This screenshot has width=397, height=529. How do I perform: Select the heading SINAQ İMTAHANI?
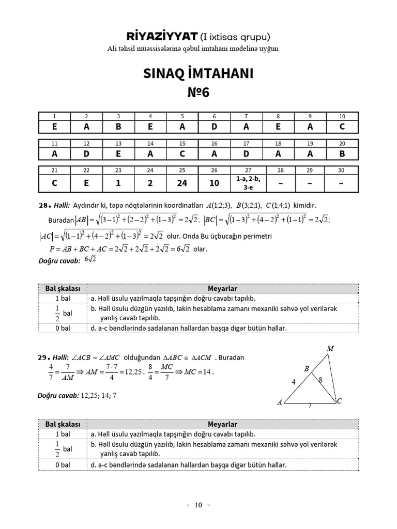pyautogui.click(x=198, y=74)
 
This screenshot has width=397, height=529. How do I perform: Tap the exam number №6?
pyautogui.click(x=198, y=93)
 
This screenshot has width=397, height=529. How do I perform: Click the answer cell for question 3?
pyautogui.click(x=118, y=127)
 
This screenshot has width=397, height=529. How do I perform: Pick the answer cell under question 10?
pyautogui.click(x=342, y=127)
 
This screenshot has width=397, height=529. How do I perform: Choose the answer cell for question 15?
pyautogui.click(x=182, y=154)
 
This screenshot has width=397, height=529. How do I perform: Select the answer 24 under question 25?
pyautogui.click(x=182, y=182)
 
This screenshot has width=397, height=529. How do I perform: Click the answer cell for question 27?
pyautogui.click(x=246, y=182)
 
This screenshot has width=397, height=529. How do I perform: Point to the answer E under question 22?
pyautogui.click(x=86, y=182)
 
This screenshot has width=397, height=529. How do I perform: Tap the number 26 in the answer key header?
pyautogui.click(x=214, y=170)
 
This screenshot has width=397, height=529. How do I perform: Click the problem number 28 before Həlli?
pyautogui.click(x=44, y=206)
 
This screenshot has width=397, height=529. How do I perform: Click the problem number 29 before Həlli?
pyautogui.click(x=44, y=357)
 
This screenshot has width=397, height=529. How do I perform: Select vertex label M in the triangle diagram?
pyautogui.click(x=330, y=349)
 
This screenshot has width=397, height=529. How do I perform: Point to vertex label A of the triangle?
pyautogui.click(x=280, y=402)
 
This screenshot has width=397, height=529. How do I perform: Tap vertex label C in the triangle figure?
pyautogui.click(x=340, y=401)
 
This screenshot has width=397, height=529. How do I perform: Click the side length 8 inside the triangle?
pyautogui.click(x=320, y=380)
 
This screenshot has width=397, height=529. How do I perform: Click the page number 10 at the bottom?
pyautogui.click(x=198, y=505)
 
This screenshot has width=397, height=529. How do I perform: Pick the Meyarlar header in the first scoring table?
pyautogui.click(x=222, y=289)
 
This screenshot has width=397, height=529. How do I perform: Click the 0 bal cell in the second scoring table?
pyautogui.click(x=63, y=465)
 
